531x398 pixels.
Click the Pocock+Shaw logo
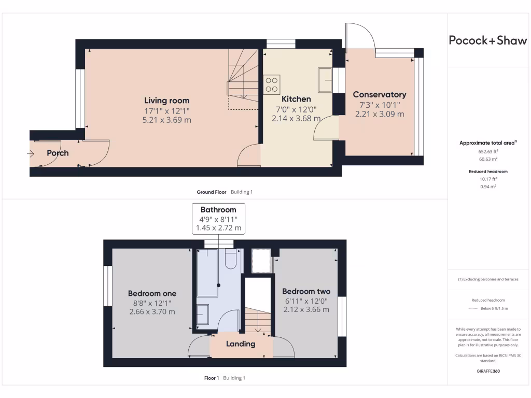[x=487, y=41]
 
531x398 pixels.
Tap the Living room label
[x=166, y=101]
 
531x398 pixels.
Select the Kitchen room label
[x=296, y=99]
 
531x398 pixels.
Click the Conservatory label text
[x=379, y=95]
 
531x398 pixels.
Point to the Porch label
[x=58, y=153]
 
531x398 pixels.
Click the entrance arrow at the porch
[x=31, y=153]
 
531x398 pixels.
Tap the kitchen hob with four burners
[x=272, y=84]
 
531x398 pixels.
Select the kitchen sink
[x=325, y=80]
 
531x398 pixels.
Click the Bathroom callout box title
[x=218, y=210]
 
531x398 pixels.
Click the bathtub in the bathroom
[x=208, y=272]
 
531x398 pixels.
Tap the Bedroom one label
[x=152, y=293]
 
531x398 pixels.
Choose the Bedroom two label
[x=306, y=291]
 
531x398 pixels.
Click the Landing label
[x=241, y=344]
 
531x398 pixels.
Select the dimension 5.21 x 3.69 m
[x=166, y=119]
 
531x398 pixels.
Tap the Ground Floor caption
[x=212, y=192]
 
